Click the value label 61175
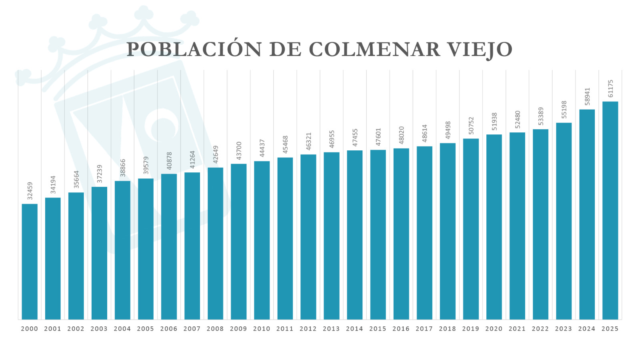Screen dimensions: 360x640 pyautogui.click(x=610, y=88)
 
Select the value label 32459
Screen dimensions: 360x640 pyautogui.click(x=30, y=191)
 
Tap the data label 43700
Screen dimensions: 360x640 pyautogui.click(x=239, y=150)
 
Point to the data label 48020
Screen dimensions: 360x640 pyautogui.click(x=402, y=135)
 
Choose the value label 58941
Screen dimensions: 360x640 pyautogui.click(x=587, y=96)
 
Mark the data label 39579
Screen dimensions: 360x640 pyautogui.click(x=146, y=165)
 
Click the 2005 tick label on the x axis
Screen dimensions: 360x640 pyautogui.click(x=146, y=329)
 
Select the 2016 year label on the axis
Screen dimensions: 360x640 pyautogui.click(x=401, y=329)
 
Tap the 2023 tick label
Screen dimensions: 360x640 pyautogui.click(x=564, y=329)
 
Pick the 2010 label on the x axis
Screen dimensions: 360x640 pyautogui.click(x=262, y=329)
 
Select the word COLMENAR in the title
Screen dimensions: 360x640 pyautogui.click(x=374, y=50)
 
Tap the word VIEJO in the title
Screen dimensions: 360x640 pyautogui.click(x=480, y=50)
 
